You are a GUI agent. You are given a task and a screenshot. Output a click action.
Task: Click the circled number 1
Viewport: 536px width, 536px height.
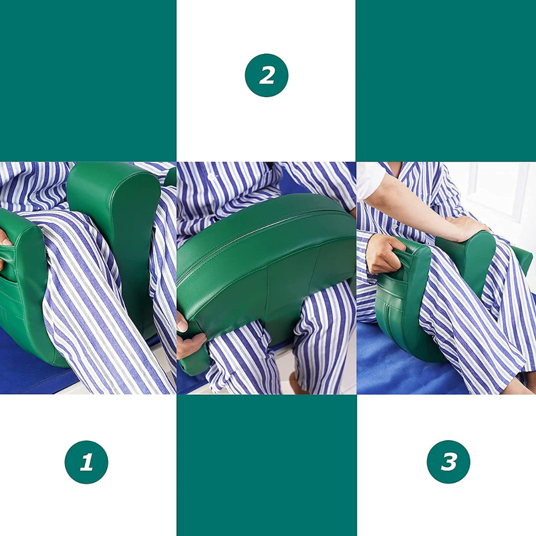[x=86, y=462]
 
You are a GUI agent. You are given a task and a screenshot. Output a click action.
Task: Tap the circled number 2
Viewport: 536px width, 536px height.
[x=267, y=75]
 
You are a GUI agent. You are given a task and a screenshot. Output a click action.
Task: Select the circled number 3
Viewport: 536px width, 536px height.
[x=449, y=462]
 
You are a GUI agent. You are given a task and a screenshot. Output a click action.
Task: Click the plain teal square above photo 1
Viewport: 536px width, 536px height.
[x=88, y=81]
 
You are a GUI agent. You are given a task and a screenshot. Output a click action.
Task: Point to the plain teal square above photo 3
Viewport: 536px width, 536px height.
[x=446, y=81]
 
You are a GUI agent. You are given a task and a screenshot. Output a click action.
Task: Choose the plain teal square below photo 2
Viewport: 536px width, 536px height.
[x=267, y=465]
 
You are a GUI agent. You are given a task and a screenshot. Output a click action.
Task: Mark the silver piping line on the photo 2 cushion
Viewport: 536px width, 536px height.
[x=263, y=232]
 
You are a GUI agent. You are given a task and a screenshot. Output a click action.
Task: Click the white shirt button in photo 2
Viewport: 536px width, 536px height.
[x=212, y=177]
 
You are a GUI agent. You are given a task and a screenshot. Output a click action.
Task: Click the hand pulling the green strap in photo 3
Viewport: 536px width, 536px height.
[x=383, y=252]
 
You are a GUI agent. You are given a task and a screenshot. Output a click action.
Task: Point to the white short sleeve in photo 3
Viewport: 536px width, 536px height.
[x=371, y=180]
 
